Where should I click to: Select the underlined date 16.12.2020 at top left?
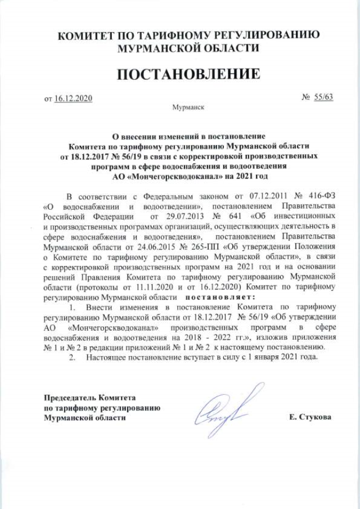click(x=73, y=98)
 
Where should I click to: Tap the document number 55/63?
click(x=325, y=97)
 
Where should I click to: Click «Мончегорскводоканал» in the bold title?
click(x=167, y=175)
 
